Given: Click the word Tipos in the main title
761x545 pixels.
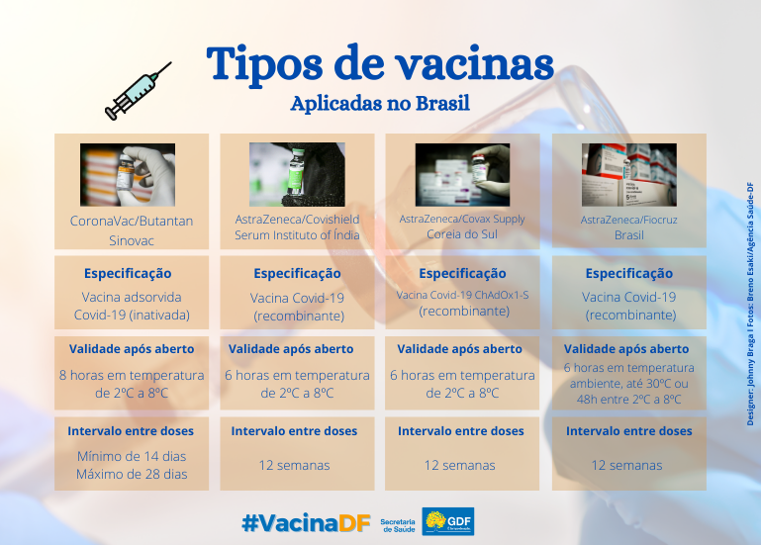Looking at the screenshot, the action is pyautogui.click(x=264, y=63).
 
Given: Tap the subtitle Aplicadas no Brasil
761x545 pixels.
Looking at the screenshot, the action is pyautogui.click(x=380, y=104).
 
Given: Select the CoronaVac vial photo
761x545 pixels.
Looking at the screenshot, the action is pyautogui.click(x=128, y=175).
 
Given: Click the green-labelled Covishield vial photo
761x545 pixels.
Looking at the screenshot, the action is pyautogui.click(x=297, y=174).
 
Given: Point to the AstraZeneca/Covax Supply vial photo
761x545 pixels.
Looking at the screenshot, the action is pyautogui.click(x=462, y=175).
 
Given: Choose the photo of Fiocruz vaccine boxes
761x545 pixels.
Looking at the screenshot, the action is pyautogui.click(x=629, y=175).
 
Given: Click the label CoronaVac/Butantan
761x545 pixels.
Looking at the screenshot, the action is pyautogui.click(x=132, y=222).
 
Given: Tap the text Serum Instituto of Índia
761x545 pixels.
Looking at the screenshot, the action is pyautogui.click(x=297, y=235).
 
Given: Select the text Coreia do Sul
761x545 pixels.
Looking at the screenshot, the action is pyautogui.click(x=462, y=234).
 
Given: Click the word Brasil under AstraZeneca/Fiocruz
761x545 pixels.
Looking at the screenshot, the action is pyautogui.click(x=629, y=235).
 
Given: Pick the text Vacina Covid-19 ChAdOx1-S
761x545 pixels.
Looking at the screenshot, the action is pyautogui.click(x=462, y=295).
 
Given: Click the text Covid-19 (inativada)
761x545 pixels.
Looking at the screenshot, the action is pyautogui.click(x=132, y=315).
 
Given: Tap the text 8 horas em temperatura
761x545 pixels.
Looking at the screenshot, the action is pyautogui.click(x=132, y=375).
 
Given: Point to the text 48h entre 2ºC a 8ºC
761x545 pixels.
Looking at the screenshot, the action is pyautogui.click(x=629, y=400).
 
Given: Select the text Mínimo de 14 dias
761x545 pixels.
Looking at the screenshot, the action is pyautogui.click(x=132, y=456).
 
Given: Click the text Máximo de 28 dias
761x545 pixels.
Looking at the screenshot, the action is pyautogui.click(x=132, y=474).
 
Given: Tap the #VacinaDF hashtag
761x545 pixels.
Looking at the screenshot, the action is pyautogui.click(x=306, y=522).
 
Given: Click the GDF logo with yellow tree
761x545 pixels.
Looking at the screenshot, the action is pyautogui.click(x=448, y=521).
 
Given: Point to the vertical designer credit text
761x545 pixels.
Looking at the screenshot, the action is pyautogui.click(x=750, y=305).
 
